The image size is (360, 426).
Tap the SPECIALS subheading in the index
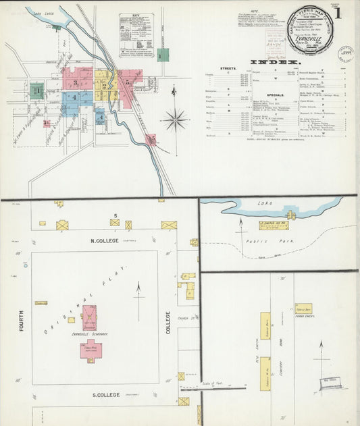click(276, 96)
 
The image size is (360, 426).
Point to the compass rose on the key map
click(175, 119)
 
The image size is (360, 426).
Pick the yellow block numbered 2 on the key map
click(105, 76)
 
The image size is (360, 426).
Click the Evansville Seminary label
click(88, 334)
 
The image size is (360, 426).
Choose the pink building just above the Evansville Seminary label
click(89, 317)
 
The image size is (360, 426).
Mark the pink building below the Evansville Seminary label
click(90, 348)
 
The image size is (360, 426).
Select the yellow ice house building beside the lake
click(275, 224)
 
